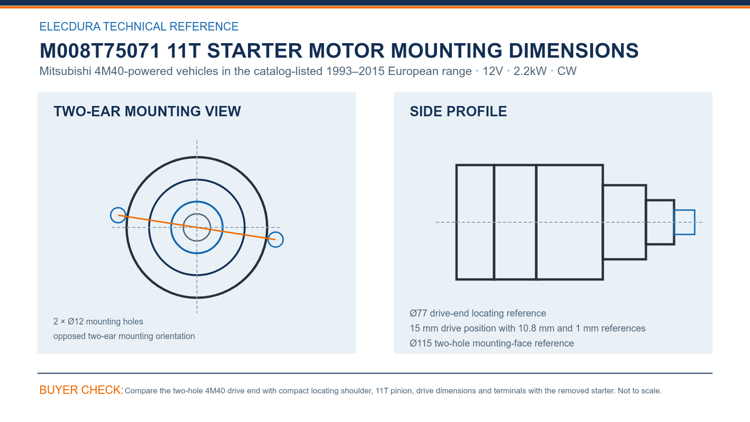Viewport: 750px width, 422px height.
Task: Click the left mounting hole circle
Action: click(111, 215)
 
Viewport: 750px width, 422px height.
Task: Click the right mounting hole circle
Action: click(283, 240)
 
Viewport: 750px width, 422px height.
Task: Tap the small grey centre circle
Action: click(184, 227)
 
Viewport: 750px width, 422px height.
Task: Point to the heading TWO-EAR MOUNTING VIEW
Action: click(147, 111)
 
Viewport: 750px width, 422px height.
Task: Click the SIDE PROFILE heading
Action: click(458, 111)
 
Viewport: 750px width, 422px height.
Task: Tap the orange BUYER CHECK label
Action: click(82, 390)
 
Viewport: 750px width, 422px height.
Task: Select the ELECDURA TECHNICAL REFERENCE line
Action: click(139, 26)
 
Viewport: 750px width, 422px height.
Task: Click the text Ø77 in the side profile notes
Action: click(419, 313)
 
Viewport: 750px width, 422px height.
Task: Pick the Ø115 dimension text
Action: click(421, 343)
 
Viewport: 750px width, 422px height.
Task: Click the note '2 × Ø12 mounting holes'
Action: click(98, 322)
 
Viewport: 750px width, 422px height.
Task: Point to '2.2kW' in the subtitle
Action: click(530, 71)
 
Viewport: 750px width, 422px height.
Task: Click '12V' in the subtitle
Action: click(493, 71)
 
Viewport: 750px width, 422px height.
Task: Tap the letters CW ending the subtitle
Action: click(567, 71)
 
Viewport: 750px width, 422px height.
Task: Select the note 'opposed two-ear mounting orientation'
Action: click(124, 336)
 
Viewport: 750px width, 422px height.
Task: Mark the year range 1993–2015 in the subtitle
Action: click(355, 71)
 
